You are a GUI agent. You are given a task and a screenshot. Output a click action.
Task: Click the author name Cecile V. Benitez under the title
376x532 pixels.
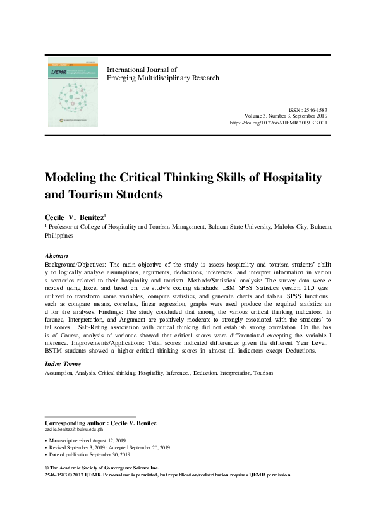pyautogui.click(x=76, y=217)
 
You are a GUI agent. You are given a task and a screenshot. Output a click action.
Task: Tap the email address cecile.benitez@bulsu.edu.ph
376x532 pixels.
pyautogui.click(x=76, y=428)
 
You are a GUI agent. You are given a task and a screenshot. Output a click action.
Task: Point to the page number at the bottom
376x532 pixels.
pyautogui.click(x=188, y=491)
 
